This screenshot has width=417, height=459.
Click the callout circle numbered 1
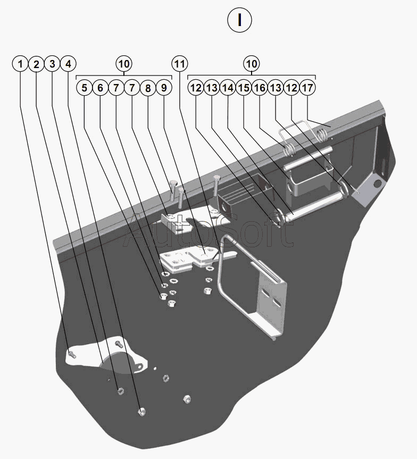pyautogui.click(x=20, y=64)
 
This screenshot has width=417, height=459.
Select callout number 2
pyautogui.click(x=36, y=64)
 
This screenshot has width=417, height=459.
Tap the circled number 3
pyautogui.click(x=52, y=64)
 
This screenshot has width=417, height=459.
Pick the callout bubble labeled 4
pyautogui.click(x=68, y=64)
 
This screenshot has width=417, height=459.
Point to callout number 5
pyautogui.click(x=84, y=88)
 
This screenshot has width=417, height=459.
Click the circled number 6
pyautogui.click(x=100, y=88)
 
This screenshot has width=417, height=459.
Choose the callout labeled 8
pyautogui.click(x=148, y=88)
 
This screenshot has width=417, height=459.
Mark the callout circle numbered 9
pyautogui.click(x=164, y=88)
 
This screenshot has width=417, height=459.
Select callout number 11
pyautogui.click(x=180, y=64)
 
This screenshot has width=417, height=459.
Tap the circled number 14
pyautogui.click(x=228, y=88)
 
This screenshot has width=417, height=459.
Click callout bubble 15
pyautogui.click(x=244, y=88)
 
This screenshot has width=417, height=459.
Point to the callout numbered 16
pyautogui.click(x=260, y=88)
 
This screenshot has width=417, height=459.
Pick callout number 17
pyautogui.click(x=307, y=88)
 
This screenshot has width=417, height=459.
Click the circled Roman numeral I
pyautogui.click(x=239, y=20)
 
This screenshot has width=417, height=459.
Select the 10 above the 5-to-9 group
pyautogui.click(x=123, y=64)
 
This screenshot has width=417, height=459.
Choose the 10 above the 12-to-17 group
pyautogui.click(x=252, y=64)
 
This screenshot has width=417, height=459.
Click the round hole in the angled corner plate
pyautogui.click(x=378, y=183)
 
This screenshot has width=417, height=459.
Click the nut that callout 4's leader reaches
pyautogui.click(x=141, y=411)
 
